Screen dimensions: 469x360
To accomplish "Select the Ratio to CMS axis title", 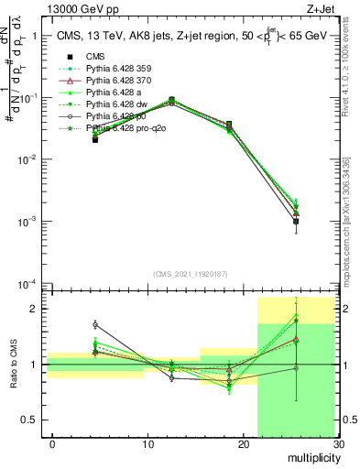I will pyautogui.click(x=13, y=365).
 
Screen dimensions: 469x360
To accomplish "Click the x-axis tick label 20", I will pyautogui.click(x=243, y=444).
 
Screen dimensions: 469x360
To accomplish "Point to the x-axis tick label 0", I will pyautogui.click(x=52, y=444).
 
